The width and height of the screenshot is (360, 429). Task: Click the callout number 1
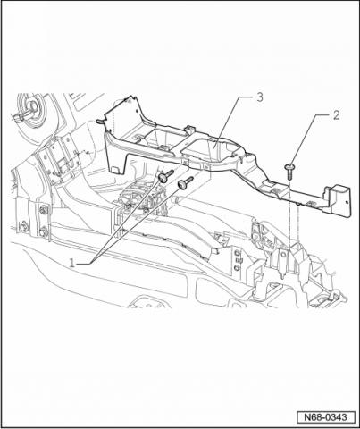[72, 263]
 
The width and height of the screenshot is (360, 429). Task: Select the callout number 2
[336, 115]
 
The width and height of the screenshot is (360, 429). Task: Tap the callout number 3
[260, 97]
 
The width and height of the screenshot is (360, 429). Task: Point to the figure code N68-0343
[326, 417]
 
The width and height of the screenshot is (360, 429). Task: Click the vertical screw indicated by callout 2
[289, 171]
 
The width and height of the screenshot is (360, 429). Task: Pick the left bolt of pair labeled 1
[165, 176]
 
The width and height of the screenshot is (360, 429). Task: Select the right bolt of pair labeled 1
[185, 182]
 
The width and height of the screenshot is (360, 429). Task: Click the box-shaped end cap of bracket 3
[338, 199]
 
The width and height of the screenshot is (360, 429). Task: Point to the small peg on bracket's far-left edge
[100, 122]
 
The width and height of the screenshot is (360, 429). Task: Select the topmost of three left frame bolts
[44, 210]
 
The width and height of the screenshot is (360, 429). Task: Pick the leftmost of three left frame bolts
[23, 227]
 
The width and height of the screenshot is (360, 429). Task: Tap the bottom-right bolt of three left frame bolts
[44, 231]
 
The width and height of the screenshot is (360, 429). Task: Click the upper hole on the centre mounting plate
[237, 253]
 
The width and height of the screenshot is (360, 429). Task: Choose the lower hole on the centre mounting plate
[237, 268]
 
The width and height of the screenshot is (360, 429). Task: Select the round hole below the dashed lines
[283, 255]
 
